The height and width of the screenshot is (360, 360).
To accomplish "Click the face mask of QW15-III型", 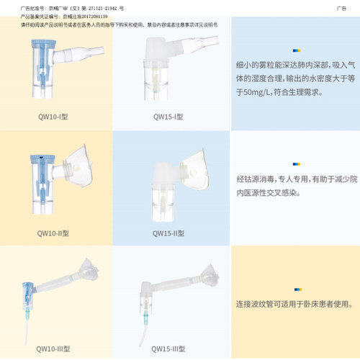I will point(207,272).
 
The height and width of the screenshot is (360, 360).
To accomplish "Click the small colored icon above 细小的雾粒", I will point(296,50).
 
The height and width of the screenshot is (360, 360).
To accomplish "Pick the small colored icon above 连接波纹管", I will point(296,284).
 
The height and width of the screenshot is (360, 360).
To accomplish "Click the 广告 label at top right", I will point(341,8).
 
